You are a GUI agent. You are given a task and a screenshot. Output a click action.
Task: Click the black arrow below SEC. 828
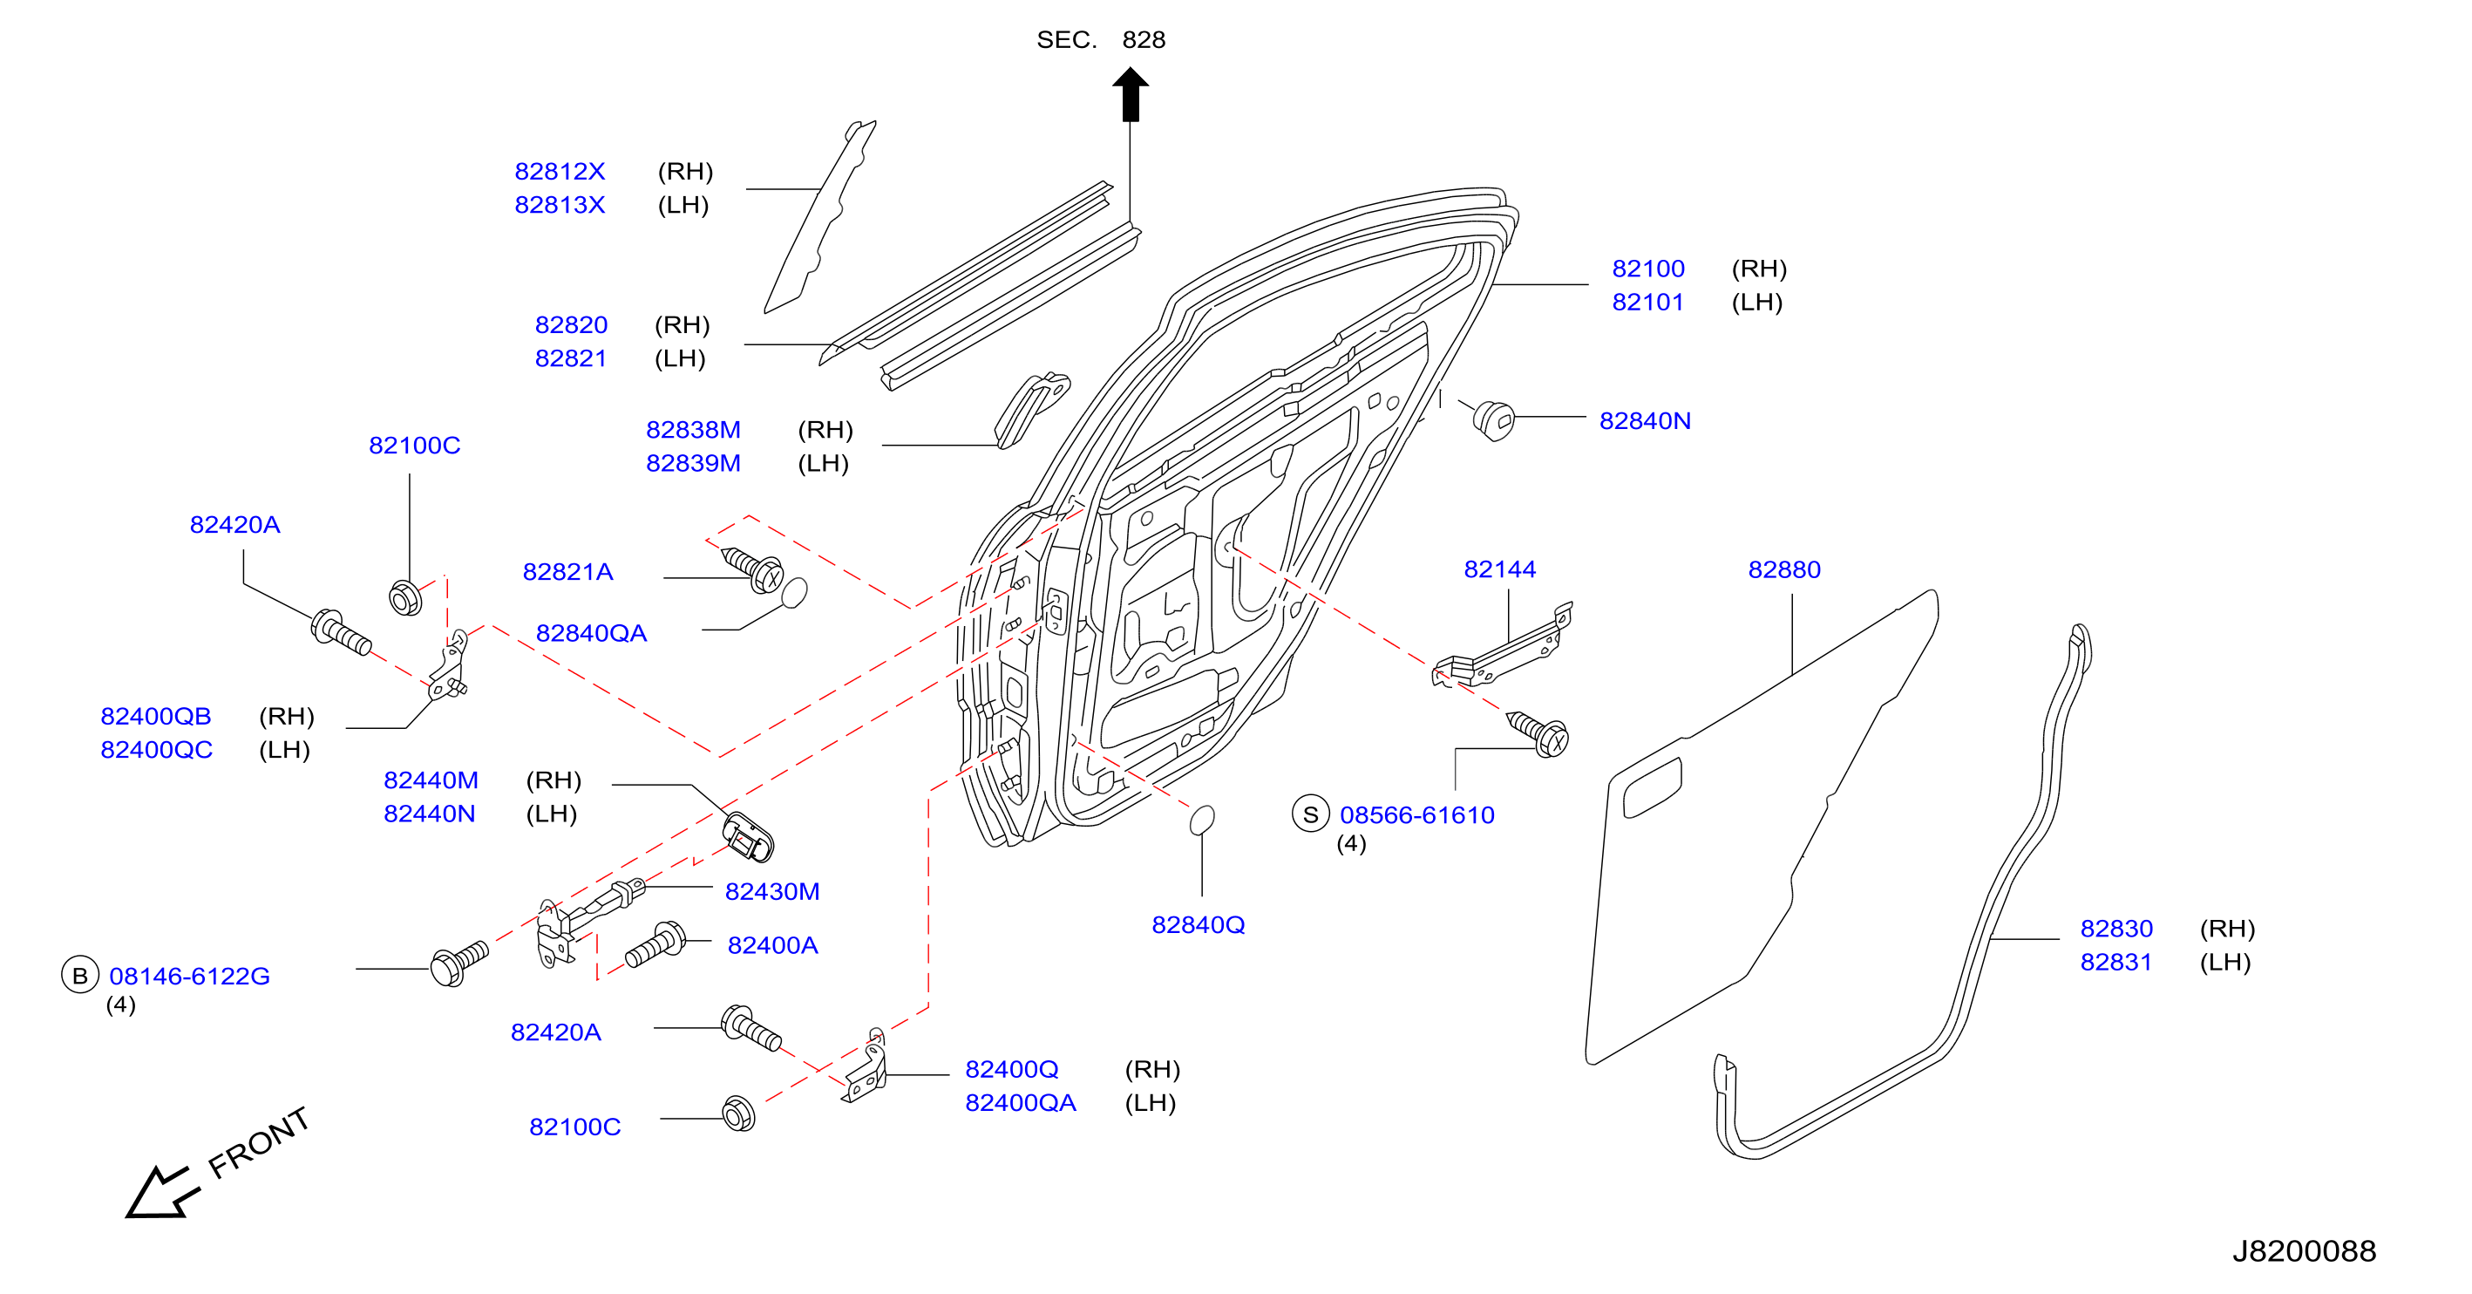coord(1131,94)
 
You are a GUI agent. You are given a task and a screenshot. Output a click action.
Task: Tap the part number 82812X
coord(560,172)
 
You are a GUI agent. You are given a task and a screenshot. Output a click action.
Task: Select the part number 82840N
coord(1645,421)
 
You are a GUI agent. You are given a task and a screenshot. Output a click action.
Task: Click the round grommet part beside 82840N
coord(1493,420)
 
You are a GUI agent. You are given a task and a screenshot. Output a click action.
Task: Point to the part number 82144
coord(1499,570)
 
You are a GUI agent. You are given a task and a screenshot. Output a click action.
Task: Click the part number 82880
coord(1784,570)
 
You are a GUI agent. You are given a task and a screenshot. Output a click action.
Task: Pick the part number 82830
coord(2116,930)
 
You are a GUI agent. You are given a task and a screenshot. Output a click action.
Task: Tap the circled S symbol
coord(1310,814)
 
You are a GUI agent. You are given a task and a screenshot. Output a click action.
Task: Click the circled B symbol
coord(79,976)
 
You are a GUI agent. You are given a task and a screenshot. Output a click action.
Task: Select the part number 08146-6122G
coord(189,977)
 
